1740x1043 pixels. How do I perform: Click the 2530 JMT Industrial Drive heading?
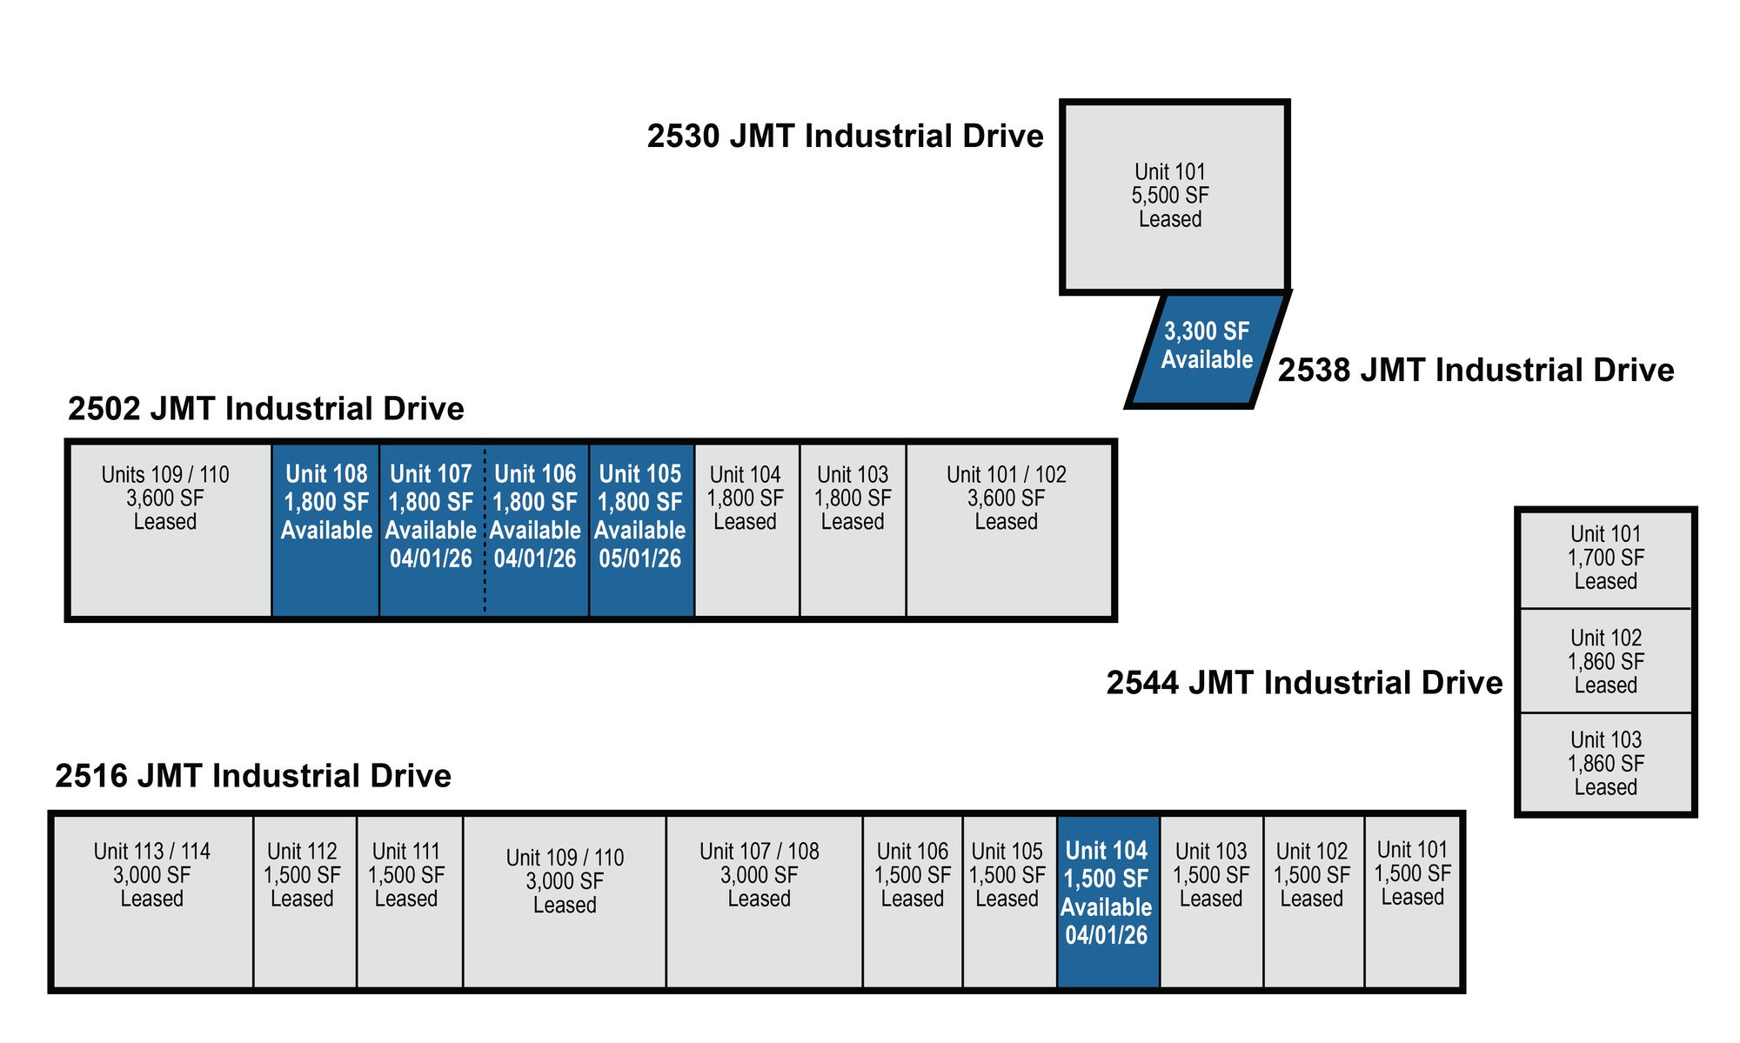[x=845, y=137]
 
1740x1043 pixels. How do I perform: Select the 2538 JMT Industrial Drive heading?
[x=1476, y=371]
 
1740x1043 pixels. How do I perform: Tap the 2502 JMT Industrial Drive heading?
[x=266, y=409]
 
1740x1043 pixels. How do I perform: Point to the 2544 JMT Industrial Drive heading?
[x=1304, y=683]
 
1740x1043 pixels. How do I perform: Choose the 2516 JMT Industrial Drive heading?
[x=253, y=776]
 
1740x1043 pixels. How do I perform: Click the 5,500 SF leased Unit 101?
[x=1173, y=197]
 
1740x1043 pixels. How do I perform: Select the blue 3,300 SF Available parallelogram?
[x=1207, y=348]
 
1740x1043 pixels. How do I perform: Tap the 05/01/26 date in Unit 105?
[x=640, y=558]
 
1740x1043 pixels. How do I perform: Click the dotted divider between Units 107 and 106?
[x=485, y=531]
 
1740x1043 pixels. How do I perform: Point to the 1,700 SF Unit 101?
[x=1605, y=558]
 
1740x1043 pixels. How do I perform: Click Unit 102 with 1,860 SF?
[x=1605, y=661]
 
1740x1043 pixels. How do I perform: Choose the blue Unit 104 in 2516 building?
[x=1108, y=900]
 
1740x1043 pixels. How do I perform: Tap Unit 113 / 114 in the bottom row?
[x=152, y=900]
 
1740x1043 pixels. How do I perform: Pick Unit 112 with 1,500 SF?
[x=304, y=900]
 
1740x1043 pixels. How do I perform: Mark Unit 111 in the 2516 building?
[x=408, y=900]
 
